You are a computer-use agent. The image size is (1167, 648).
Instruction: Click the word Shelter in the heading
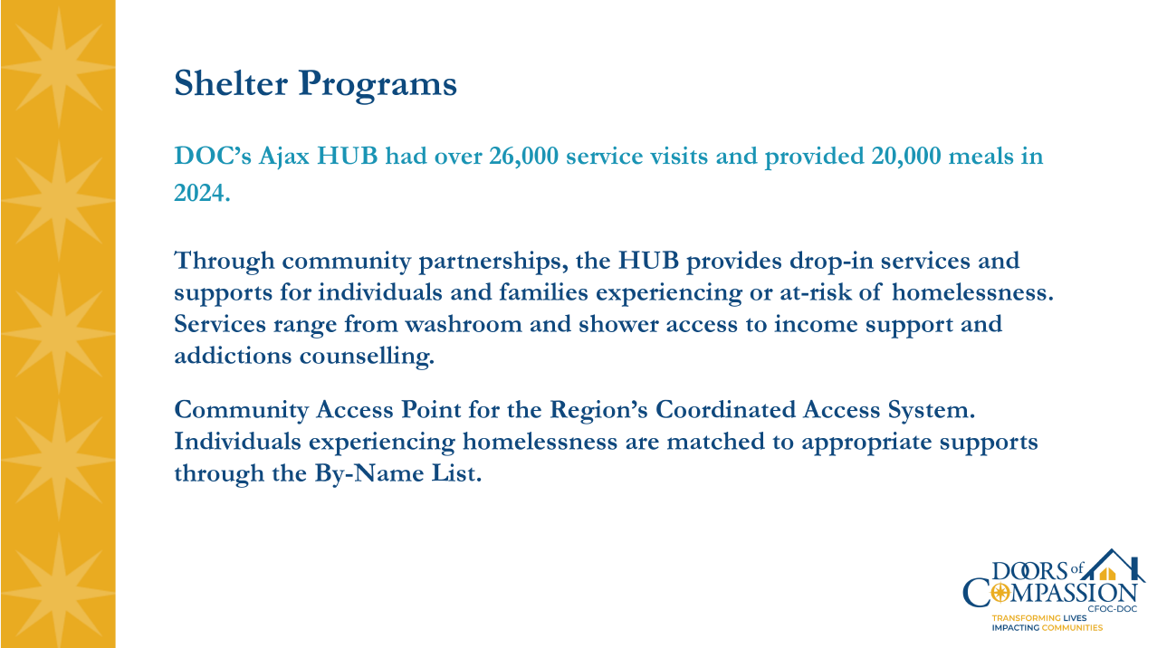pyautogui.click(x=232, y=84)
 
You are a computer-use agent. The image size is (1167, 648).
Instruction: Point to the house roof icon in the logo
pyautogui.click(x=1111, y=569)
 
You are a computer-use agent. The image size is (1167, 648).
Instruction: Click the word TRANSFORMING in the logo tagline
pyautogui.click(x=1026, y=617)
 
